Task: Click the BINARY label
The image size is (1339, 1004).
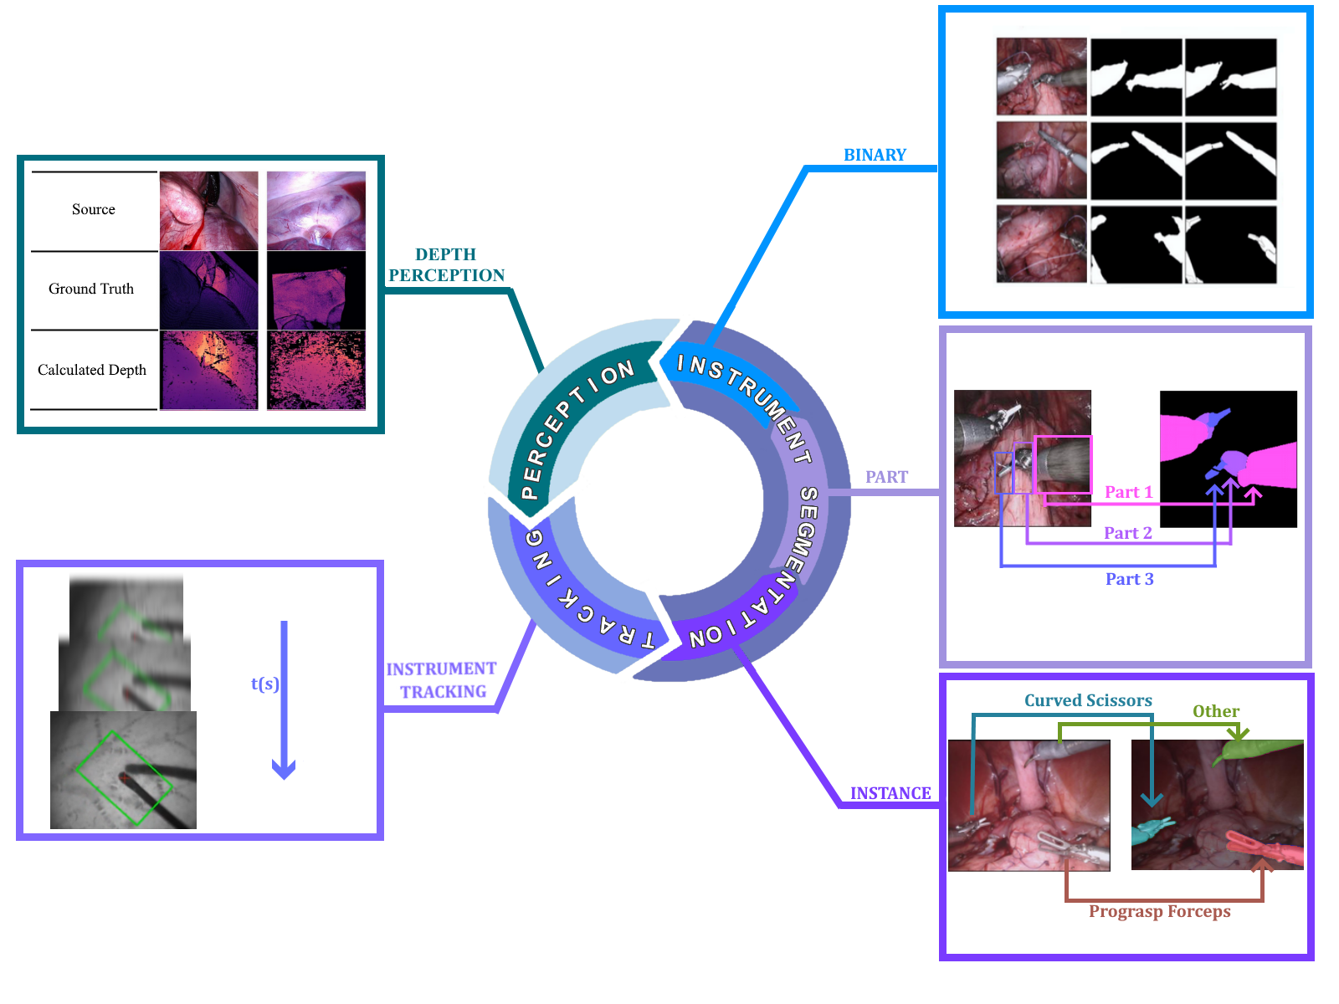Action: [875, 155]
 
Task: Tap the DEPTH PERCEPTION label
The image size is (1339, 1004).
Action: [446, 264]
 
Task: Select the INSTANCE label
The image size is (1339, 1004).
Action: [890, 793]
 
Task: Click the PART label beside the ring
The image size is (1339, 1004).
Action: [886, 477]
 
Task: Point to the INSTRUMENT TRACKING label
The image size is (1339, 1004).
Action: [442, 680]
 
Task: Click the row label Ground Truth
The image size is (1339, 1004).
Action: [91, 289]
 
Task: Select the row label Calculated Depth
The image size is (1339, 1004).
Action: [92, 370]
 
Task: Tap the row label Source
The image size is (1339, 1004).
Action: [94, 209]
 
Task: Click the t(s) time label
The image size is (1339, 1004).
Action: [264, 684]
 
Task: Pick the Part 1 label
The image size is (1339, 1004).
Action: [1128, 492]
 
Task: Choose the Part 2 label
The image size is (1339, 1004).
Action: [1127, 533]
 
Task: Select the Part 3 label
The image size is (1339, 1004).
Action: [1129, 579]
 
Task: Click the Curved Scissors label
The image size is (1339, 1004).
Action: [1088, 700]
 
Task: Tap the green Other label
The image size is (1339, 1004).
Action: [1216, 711]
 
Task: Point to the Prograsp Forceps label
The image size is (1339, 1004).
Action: [1159, 911]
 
